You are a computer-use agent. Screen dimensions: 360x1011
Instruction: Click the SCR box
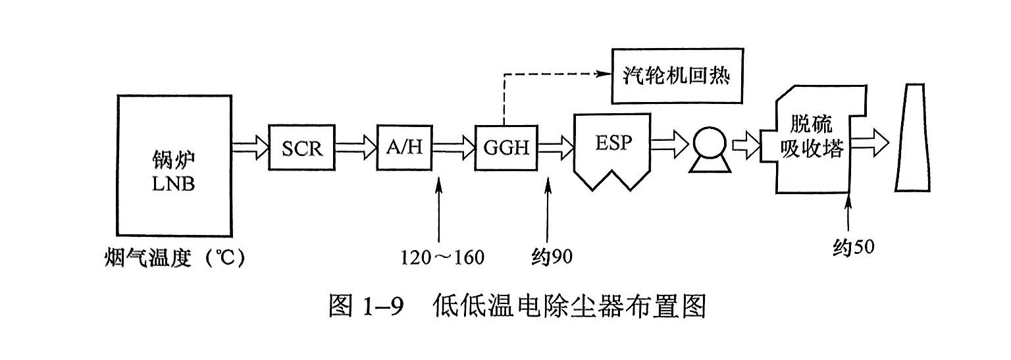(303, 147)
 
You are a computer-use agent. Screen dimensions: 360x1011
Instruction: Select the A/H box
(404, 147)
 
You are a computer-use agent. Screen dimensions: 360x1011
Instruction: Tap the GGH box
(506, 147)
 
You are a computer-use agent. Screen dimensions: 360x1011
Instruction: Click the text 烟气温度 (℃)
(174, 257)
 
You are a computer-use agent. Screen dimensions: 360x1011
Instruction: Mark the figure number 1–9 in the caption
(382, 307)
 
